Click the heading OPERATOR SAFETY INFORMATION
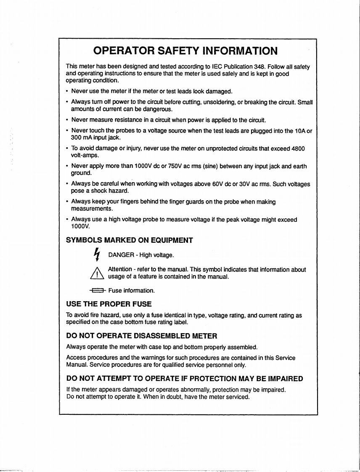[x=185, y=51]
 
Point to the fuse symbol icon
[x=97, y=290]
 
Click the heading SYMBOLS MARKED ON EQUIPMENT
[x=130, y=240]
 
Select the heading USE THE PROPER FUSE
[x=109, y=303]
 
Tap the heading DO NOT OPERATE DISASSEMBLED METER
[x=142, y=336]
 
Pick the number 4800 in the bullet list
[x=296, y=149]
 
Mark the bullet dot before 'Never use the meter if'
[x=67, y=91]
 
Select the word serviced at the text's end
[x=238, y=397]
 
